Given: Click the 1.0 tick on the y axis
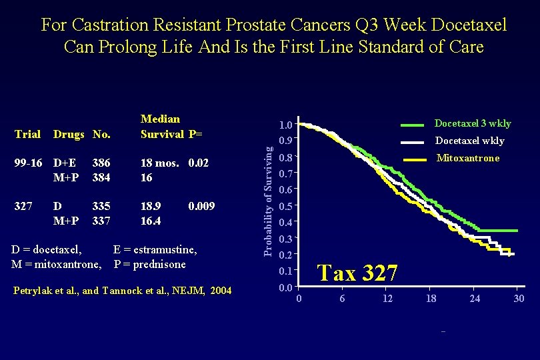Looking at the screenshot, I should coord(286,125).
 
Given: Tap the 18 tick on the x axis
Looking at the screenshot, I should coord(431,298).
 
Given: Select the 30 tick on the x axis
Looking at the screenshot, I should coord(519,298).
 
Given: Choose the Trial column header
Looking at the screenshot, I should coord(27,134).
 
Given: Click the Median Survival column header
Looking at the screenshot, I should coord(161,126).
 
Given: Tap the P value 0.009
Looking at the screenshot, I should coord(201,207).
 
